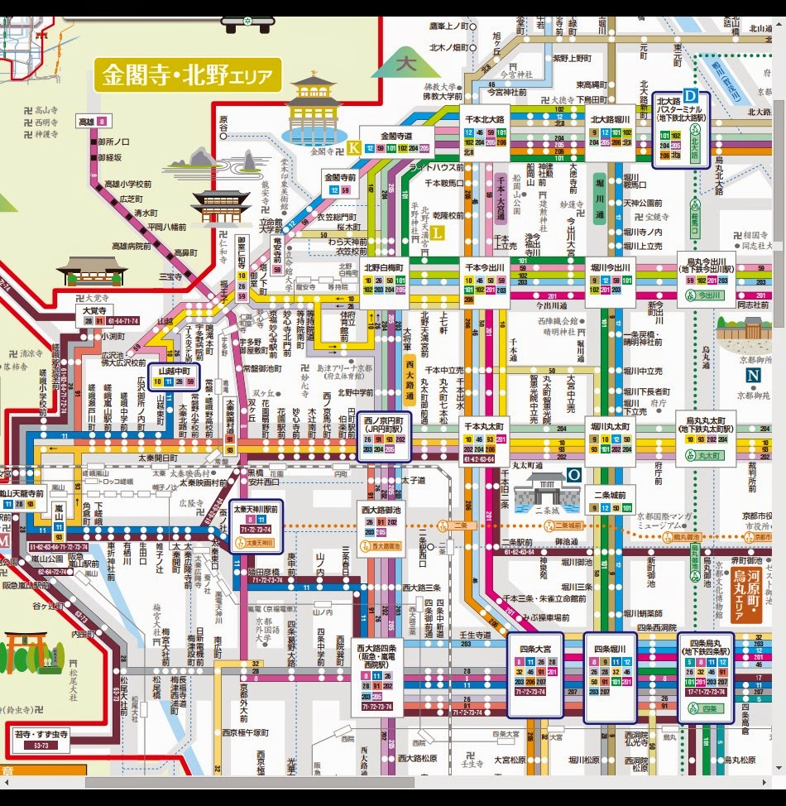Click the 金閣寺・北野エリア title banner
tap(189, 74)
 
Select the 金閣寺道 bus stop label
tap(395, 135)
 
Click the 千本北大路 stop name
tap(484, 119)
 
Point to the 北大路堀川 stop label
tap(610, 119)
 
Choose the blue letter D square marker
tap(689, 97)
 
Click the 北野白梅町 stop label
tap(381, 268)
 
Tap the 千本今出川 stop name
tap(484, 268)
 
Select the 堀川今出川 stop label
tap(610, 268)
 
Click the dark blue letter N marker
tap(753, 375)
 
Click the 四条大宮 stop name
tap(534, 649)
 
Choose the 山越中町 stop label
tap(175, 371)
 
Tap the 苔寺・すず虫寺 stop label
tap(41, 733)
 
